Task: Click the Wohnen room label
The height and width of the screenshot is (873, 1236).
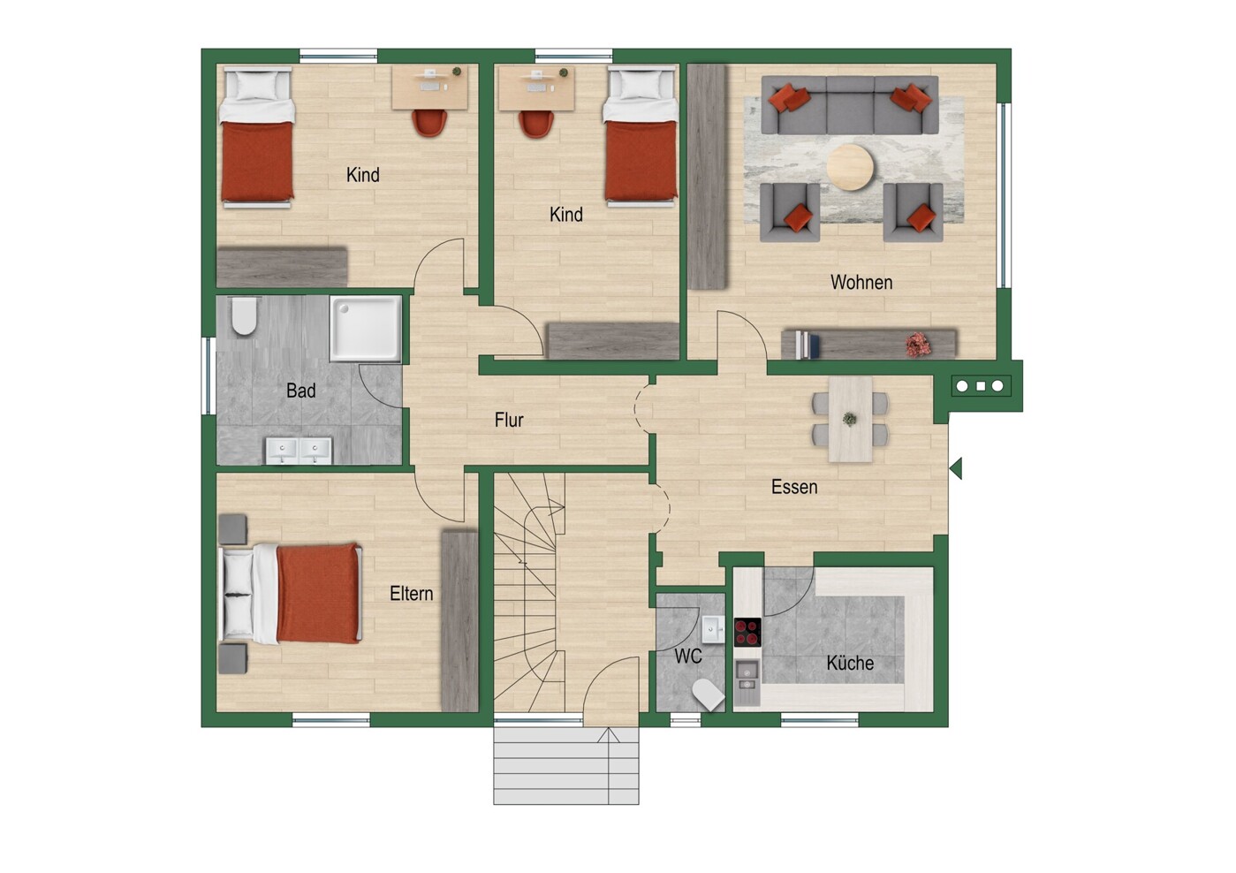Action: click(861, 283)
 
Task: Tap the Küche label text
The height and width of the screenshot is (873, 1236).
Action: click(850, 662)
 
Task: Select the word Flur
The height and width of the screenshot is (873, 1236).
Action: click(509, 420)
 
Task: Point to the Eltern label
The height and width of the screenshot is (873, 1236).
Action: click(411, 594)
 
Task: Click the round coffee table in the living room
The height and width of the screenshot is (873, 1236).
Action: click(850, 167)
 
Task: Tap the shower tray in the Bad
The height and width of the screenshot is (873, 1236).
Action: click(365, 329)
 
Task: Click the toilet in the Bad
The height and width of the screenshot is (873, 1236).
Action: click(243, 316)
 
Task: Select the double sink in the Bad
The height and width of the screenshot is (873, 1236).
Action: click(299, 451)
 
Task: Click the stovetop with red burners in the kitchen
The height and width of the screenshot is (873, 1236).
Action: click(747, 633)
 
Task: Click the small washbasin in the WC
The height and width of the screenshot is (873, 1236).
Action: click(713, 629)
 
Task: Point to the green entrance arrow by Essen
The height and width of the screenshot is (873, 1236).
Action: click(956, 468)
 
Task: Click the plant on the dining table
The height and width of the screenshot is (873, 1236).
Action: click(850, 420)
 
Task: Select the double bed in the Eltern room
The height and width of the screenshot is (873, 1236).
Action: click(291, 594)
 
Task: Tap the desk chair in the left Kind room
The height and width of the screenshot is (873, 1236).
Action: click(428, 123)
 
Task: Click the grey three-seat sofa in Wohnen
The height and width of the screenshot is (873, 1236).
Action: click(850, 105)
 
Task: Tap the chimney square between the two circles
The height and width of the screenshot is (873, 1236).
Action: click(981, 386)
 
